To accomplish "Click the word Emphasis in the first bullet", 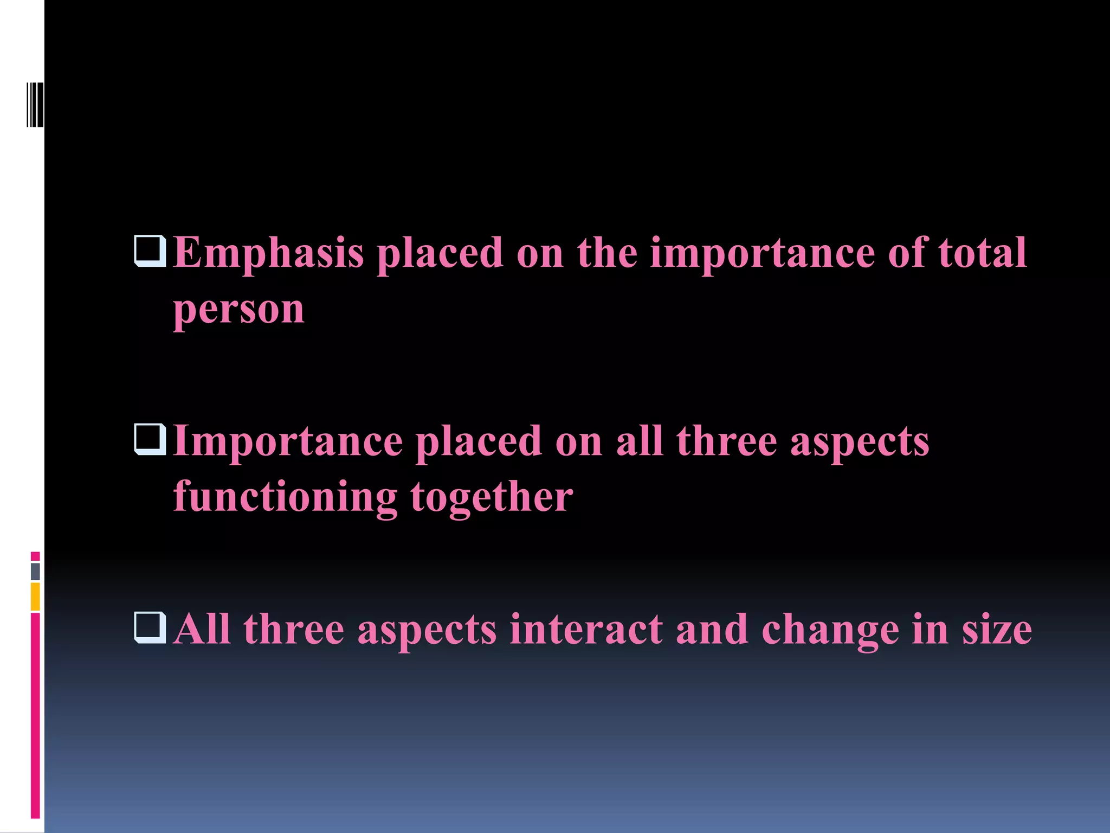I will pyautogui.click(x=268, y=253).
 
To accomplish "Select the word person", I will pyautogui.click(x=238, y=310).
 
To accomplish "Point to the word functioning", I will pyautogui.click(x=285, y=497).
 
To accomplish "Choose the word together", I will pyautogui.click(x=492, y=497).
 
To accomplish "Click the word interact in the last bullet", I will pyautogui.click(x=586, y=630).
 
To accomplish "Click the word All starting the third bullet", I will pyautogui.click(x=203, y=630).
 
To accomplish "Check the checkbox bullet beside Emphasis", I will pyautogui.click(x=150, y=251).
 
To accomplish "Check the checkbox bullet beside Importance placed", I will pyautogui.click(x=150, y=439).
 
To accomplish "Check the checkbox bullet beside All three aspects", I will pyautogui.click(x=150, y=627).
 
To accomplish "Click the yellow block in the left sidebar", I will pyautogui.click(x=35, y=597).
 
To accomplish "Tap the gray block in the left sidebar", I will pyautogui.click(x=35, y=572).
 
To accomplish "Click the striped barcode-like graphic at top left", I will pyautogui.click(x=35, y=105).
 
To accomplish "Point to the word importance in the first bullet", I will pyautogui.click(x=762, y=253).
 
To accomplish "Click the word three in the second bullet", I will pyautogui.click(x=726, y=441).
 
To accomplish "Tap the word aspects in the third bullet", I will pyautogui.click(x=427, y=631).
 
